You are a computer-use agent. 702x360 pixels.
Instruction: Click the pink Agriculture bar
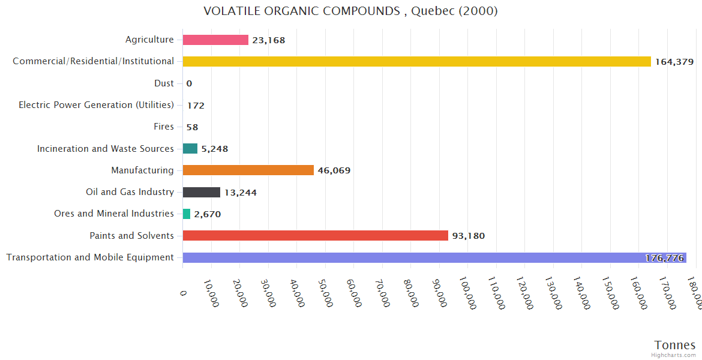coord(215,40)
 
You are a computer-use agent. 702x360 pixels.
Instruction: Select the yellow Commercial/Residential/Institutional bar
coord(416,61)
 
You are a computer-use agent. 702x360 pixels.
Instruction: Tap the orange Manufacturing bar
coord(248,170)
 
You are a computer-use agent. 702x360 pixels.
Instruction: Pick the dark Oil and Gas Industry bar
coord(201,192)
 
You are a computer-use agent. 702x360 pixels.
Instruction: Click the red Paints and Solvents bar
coord(315,236)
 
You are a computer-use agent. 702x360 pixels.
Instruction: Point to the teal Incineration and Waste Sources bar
coord(190,149)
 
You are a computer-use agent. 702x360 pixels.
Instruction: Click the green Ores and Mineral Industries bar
coord(187,214)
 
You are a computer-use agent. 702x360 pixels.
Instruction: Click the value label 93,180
coord(469,236)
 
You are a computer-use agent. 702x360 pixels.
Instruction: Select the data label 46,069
coord(334,170)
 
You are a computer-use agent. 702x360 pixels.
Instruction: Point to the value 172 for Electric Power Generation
coord(196,106)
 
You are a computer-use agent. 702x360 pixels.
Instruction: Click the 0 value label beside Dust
coord(189,83)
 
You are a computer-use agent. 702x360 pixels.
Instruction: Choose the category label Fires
coord(164,127)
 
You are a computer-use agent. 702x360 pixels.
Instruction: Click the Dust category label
coord(164,83)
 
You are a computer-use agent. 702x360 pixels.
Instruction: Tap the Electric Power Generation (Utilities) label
coord(96,105)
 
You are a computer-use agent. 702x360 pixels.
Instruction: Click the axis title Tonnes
coord(675,345)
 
